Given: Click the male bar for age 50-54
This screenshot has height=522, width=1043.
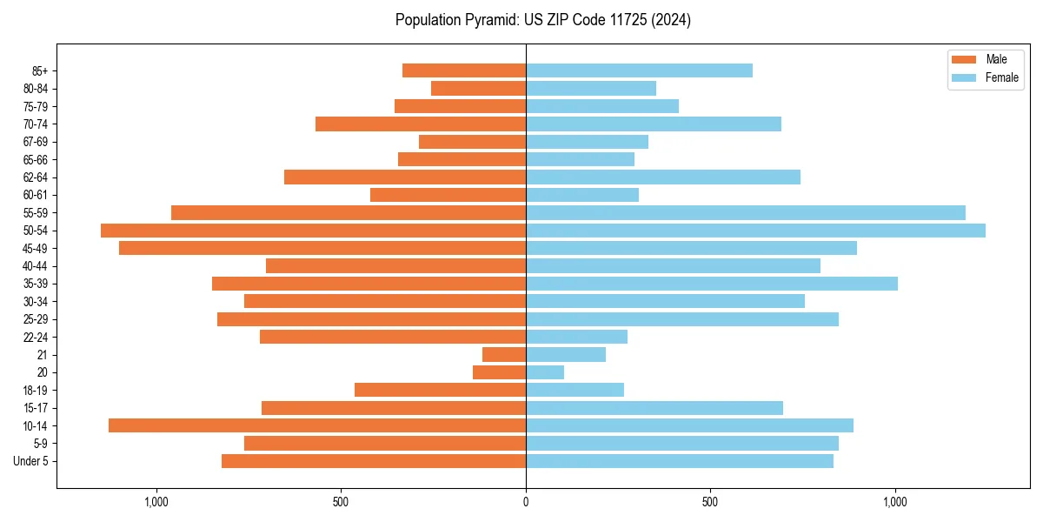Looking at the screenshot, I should coord(313,231).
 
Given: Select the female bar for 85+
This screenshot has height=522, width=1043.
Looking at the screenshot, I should coord(639,70).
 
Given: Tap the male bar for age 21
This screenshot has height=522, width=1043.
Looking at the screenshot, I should coord(504,355).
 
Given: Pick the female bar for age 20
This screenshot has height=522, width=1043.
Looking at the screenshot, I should coord(545,372).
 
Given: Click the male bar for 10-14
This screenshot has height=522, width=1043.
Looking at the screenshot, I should coord(317,425).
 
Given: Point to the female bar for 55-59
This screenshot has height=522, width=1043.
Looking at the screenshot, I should coord(746,212).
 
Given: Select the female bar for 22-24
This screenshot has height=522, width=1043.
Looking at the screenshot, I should coord(576,337).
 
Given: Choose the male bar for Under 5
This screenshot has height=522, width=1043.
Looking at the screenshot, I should coord(374,461).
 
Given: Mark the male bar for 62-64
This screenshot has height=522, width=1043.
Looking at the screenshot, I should coord(405,177).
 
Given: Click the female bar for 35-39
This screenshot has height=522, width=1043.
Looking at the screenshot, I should coord(712,284).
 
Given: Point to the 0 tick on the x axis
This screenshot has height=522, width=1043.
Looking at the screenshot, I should coord(526,502).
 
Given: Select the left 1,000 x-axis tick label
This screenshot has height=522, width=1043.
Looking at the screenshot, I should coord(156,502).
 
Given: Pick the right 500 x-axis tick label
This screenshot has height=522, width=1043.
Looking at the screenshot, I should coord(710,502).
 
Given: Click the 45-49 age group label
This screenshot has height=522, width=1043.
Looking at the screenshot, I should coord(36,248).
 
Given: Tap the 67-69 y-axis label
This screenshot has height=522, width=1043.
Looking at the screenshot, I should coord(36,142).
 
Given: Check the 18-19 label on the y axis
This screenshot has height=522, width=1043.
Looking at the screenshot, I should coord(36,391).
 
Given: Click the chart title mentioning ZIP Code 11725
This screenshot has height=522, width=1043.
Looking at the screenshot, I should coord(542,20).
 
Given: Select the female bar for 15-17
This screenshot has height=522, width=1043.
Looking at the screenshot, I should coord(654,408).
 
